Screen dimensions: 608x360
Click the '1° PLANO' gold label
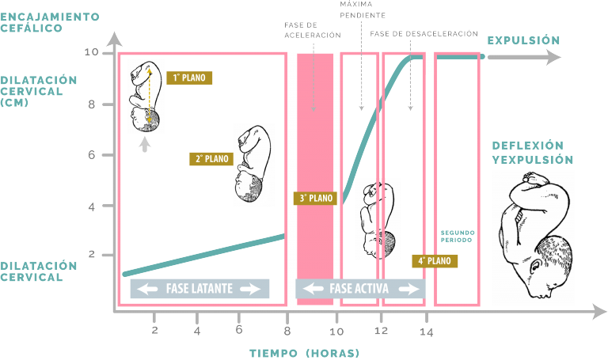(189, 78)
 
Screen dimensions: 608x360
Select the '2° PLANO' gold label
(211, 159)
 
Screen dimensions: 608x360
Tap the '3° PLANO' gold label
(315, 199)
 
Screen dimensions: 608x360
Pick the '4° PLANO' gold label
(435, 261)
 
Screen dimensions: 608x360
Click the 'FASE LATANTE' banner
(199, 289)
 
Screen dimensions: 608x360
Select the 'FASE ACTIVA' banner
(360, 289)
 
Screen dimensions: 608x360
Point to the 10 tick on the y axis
(92, 52)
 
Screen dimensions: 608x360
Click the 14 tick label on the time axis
(427, 332)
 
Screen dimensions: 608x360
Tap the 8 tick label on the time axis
(287, 332)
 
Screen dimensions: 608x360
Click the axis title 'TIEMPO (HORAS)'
(304, 354)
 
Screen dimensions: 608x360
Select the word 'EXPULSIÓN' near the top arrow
(523, 40)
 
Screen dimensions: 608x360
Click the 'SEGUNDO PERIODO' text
(457, 237)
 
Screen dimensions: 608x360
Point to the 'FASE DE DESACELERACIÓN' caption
(424, 34)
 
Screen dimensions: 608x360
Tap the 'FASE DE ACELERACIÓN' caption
(313, 30)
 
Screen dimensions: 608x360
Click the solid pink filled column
(315, 179)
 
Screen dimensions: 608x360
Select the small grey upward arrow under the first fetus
(145, 145)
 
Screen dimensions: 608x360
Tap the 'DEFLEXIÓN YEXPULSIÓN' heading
(532, 153)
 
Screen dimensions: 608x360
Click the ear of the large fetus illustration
(536, 267)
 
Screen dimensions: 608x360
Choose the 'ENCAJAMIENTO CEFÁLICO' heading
(50, 22)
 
